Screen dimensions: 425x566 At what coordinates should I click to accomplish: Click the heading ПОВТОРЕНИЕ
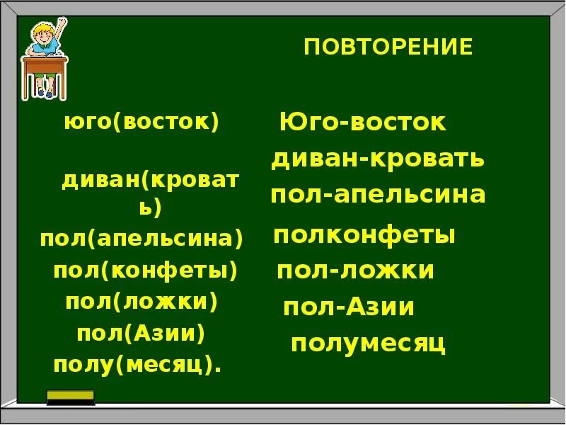[x=388, y=47]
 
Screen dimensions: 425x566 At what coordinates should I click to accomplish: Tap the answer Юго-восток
[x=363, y=122]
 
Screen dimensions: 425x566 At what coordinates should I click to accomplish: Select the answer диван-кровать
[x=378, y=159]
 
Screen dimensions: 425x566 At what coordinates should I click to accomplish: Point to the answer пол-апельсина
[x=378, y=195]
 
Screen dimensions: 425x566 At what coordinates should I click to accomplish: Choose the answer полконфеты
[x=364, y=234]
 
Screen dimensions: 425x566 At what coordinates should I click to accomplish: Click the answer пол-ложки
[x=355, y=271]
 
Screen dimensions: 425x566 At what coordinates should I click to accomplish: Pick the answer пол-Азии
[x=349, y=307]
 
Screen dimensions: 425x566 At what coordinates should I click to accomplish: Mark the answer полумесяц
[x=368, y=344]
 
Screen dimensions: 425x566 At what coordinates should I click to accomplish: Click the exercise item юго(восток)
[x=141, y=121]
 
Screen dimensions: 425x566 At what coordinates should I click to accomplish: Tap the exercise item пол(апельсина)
[x=141, y=238]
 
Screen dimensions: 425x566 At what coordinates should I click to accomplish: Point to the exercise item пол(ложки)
[x=141, y=301]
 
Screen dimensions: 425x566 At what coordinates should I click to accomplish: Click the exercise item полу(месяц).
[x=137, y=365]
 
